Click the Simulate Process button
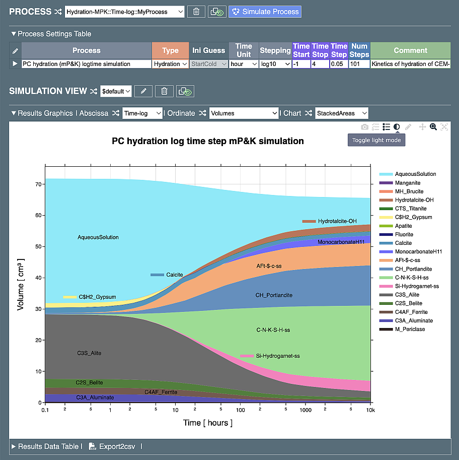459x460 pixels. [265, 12]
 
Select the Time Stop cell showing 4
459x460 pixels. [320, 64]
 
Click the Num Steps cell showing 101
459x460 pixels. [359, 64]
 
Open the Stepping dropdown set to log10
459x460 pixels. [275, 64]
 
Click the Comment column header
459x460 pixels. [410, 50]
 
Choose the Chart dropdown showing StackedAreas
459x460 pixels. [342, 113]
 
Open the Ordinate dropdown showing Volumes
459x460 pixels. [244, 113]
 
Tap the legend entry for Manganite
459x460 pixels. [408, 183]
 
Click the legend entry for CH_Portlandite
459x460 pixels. [413, 269]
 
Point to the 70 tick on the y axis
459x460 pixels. [38, 185]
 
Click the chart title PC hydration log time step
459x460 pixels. [207, 141]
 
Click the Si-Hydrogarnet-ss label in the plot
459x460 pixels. [277, 356]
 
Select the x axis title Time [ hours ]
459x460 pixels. [208, 423]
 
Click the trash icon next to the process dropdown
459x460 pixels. [196, 12]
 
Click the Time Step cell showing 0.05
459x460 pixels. [339, 64]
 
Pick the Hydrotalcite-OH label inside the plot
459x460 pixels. [337, 221]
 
